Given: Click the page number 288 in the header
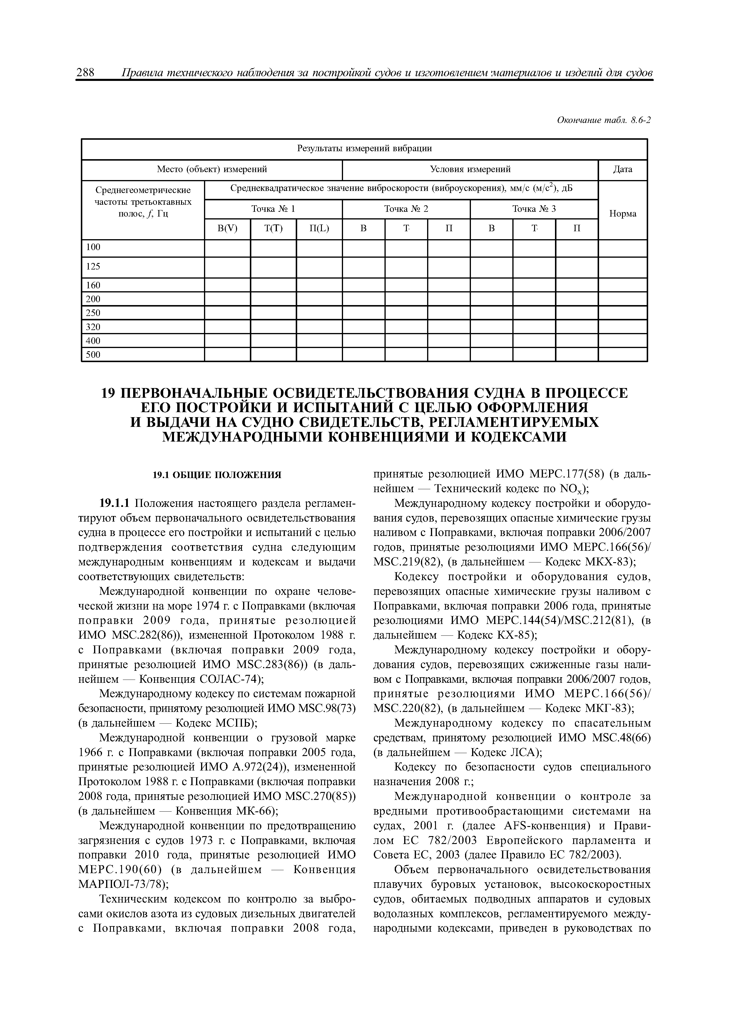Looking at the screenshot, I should [85, 73].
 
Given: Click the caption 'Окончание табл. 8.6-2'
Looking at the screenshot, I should [604, 120].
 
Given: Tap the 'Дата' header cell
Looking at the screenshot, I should [623, 169].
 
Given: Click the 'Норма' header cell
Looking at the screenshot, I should [623, 214].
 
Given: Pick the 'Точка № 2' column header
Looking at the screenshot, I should [406, 209].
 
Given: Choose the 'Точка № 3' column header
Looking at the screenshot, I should [534, 209].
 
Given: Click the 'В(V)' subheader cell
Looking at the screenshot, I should [227, 229].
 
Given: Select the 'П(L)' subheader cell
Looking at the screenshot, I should [319, 229].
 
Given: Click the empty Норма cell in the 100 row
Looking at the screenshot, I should [623, 248].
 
